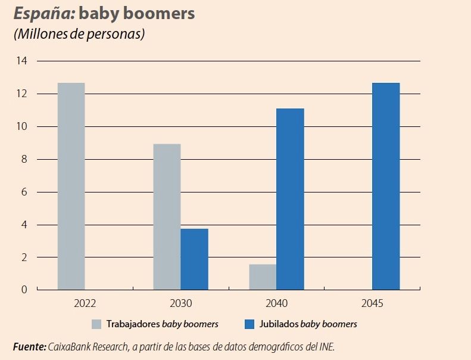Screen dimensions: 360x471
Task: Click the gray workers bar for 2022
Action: pyautogui.click(x=71, y=186)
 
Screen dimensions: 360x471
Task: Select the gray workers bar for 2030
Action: pyautogui.click(x=167, y=217)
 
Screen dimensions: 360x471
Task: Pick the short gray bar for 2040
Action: pyautogui.click(x=263, y=277)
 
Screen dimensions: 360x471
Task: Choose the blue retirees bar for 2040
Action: pyautogui.click(x=290, y=199)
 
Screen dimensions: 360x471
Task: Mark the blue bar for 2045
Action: pyautogui.click(x=386, y=186)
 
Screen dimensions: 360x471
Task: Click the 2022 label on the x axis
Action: pyautogui.click(x=85, y=303)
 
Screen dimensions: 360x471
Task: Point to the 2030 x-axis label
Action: pyautogui.click(x=180, y=303)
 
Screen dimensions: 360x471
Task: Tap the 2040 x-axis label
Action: pyautogui.click(x=276, y=303)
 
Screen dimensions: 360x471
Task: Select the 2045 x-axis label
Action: pyautogui.click(x=372, y=303)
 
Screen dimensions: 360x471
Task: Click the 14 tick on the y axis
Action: pyautogui.click(x=22, y=61)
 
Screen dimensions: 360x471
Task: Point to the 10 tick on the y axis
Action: pyautogui.click(x=22, y=126)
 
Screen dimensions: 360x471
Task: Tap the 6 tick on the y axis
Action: pyautogui.click(x=24, y=192)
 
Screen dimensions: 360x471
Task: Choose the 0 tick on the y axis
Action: pyautogui.click(x=24, y=290)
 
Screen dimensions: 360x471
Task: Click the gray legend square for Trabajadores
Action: pyautogui.click(x=96, y=325)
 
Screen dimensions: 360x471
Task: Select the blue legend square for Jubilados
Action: pyautogui.click(x=249, y=325)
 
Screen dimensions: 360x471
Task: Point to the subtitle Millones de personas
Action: pyautogui.click(x=79, y=34)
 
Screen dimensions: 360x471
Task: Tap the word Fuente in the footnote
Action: pyautogui.click(x=29, y=346)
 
